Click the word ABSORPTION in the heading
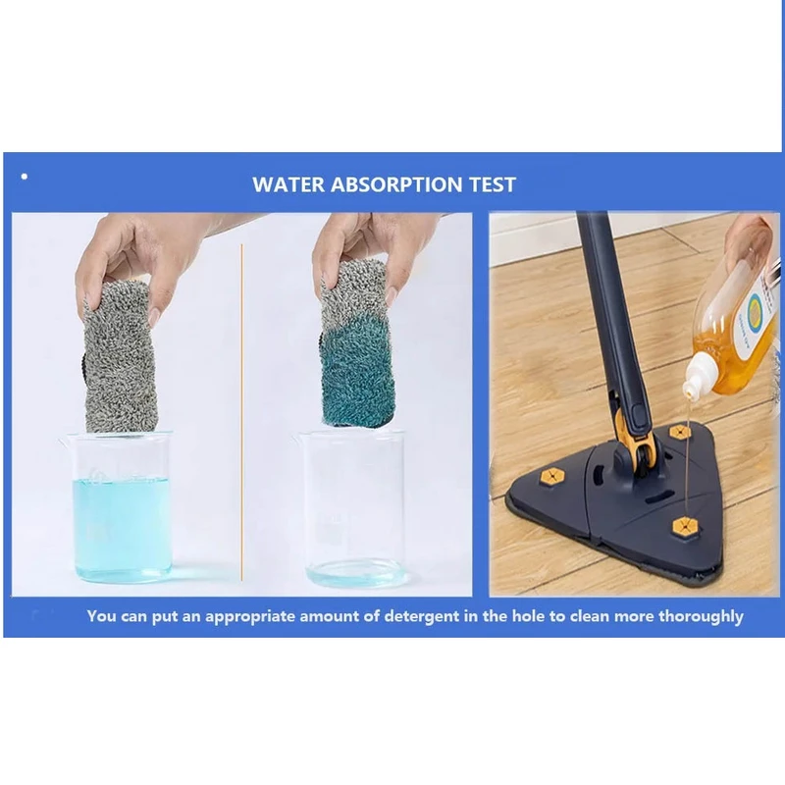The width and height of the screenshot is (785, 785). (396, 184)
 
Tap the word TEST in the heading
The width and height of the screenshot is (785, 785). (493, 184)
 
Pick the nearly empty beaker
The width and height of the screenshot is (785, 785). (355, 508)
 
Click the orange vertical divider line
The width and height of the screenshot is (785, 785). (241, 412)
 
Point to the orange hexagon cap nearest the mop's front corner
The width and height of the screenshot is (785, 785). (685, 526)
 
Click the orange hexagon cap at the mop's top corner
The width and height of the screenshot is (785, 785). (680, 432)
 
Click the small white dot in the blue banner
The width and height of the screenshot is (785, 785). (25, 177)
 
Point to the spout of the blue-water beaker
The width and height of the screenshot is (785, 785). (64, 441)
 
